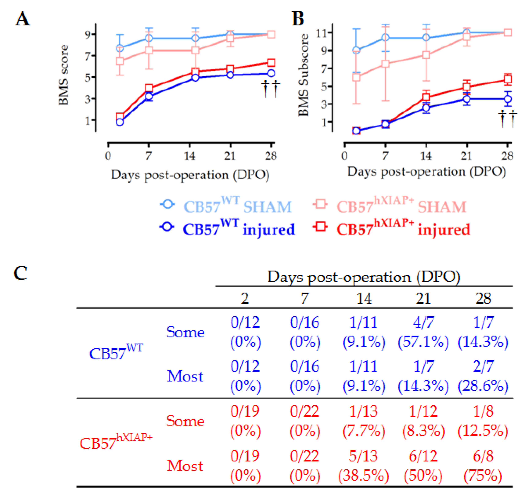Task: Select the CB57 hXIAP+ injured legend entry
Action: pyautogui.click(x=392, y=229)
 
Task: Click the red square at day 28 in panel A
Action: pyautogui.click(x=271, y=63)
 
